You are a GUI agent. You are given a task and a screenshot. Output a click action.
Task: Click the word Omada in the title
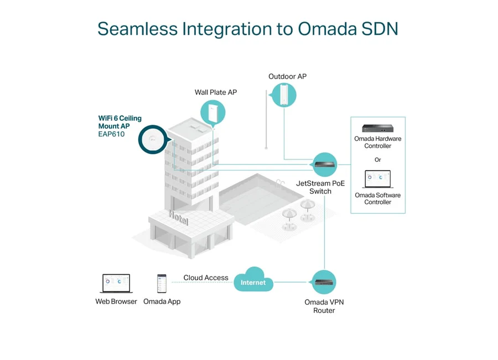pos(328,29)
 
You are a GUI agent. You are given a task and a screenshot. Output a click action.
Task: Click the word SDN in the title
pos(380,29)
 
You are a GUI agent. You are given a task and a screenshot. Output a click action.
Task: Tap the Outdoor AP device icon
pos(284,95)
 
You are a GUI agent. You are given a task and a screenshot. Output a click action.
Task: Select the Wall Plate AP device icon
pos(213,112)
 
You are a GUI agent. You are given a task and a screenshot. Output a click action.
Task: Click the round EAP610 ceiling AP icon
pos(153,140)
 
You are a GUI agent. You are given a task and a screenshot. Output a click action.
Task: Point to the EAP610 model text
pos(111,134)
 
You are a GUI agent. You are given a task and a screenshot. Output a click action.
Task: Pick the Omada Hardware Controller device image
pos(377,128)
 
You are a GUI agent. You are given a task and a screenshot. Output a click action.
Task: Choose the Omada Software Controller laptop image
pos(377,179)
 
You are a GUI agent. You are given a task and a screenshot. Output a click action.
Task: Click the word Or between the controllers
pos(377,160)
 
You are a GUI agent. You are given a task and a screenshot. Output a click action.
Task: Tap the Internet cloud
pos(253,280)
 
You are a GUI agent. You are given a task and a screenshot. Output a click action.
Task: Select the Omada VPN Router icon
pos(324,282)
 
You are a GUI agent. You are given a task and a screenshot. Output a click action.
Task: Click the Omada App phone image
pos(162,284)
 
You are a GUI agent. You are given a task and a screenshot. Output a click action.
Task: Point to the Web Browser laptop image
pos(116,284)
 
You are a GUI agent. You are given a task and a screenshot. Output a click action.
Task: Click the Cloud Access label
pos(206,277)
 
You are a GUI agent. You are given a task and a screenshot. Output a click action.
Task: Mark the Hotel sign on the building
pos(178,218)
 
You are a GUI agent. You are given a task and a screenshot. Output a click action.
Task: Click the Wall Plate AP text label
pos(216,92)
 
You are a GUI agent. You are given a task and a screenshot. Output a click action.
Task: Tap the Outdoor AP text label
pos(287,76)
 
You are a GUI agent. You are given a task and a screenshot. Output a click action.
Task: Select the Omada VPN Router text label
pos(324,306)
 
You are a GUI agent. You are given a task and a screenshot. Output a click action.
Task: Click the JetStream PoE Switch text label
pos(320,187)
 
